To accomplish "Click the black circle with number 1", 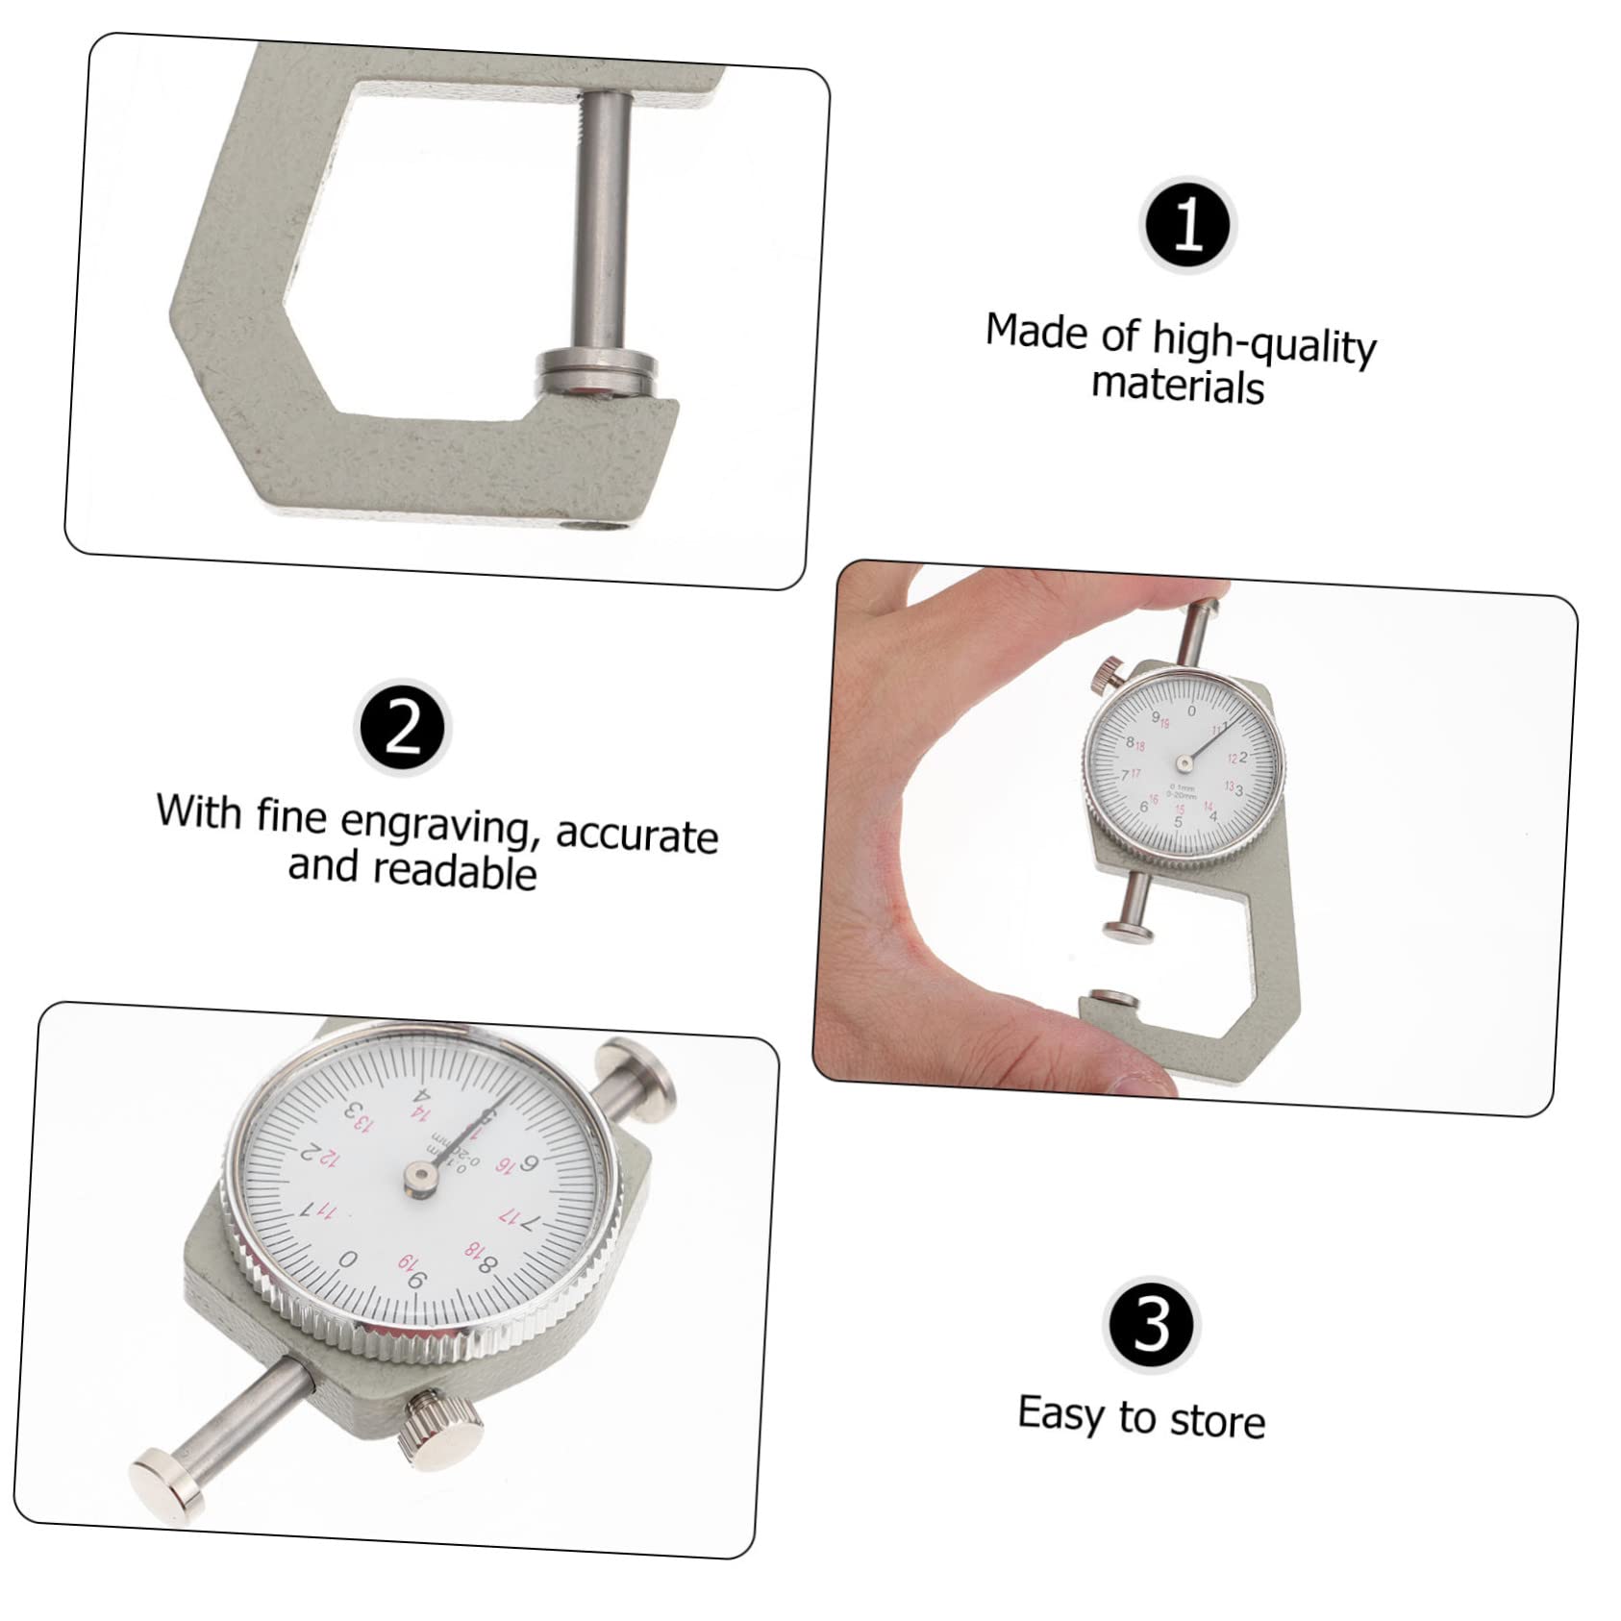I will click(1188, 226).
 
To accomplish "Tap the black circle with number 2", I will click(403, 728).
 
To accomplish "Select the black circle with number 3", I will click(1152, 1324).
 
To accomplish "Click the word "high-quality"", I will click(1264, 344).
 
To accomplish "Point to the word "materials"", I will click(1178, 387).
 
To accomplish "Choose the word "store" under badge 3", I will click(1217, 1421).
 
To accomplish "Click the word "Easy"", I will click(1061, 1413).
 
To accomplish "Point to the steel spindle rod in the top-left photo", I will click(604, 221).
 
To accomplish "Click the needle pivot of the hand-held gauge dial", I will click(1185, 763).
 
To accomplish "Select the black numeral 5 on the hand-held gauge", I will click(1178, 823).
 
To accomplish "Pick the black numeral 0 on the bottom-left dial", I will click(348, 1259).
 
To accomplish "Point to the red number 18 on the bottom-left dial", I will click(473, 1249).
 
